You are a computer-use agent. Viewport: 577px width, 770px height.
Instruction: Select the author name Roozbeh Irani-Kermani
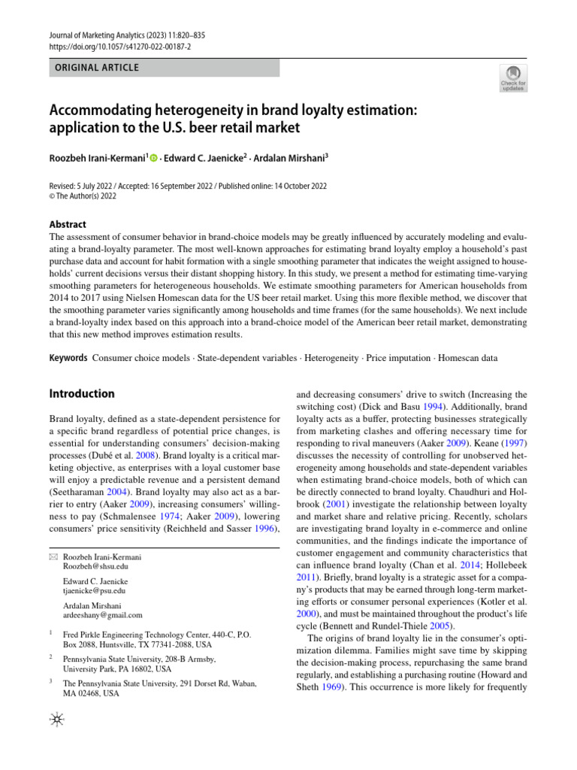tap(97, 158)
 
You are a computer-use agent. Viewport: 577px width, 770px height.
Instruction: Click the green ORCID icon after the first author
tap(154, 158)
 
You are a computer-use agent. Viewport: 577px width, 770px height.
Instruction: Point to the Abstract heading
tap(68, 224)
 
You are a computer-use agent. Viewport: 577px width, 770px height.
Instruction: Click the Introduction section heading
tap(82, 393)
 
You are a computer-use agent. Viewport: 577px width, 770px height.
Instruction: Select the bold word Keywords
tap(68, 359)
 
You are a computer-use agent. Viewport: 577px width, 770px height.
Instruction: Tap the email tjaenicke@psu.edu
tap(94, 591)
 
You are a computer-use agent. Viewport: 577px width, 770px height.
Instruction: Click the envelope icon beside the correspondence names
tap(53, 557)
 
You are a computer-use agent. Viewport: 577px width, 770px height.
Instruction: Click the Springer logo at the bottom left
tap(56, 720)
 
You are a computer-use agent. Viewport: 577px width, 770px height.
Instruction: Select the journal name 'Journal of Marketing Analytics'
tap(101, 35)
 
